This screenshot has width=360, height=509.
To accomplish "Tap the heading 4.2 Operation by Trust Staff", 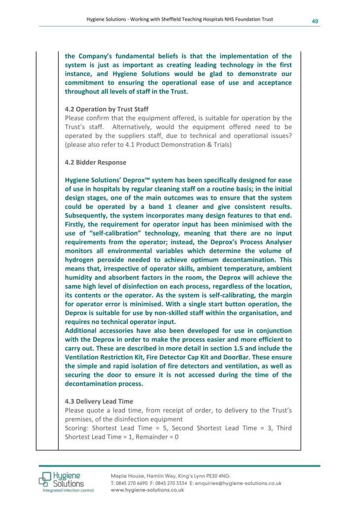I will pos(107,109).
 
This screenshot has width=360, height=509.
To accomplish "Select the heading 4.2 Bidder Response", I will pos(96,162).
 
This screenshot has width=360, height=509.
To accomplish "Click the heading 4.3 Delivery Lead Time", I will pos(99,401).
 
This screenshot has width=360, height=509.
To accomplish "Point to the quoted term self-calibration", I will pos(109,233).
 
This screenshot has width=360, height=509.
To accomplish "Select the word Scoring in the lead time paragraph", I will pos(77,428).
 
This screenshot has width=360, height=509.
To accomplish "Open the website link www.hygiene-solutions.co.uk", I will pos(147,490).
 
